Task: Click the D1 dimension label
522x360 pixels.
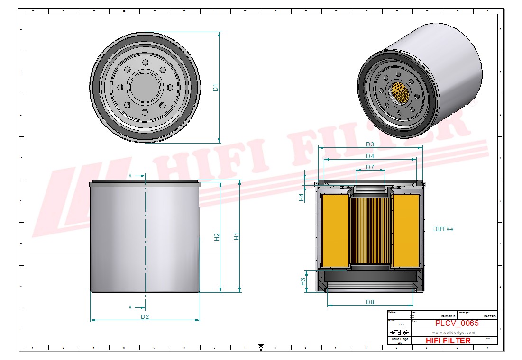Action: pyautogui.click(x=215, y=88)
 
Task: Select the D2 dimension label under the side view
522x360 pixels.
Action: pyautogui.click(x=145, y=316)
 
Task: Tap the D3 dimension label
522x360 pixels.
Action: pyautogui.click(x=370, y=144)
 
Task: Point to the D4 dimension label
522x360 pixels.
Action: pyautogui.click(x=370, y=156)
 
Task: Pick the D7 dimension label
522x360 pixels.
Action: pyautogui.click(x=370, y=167)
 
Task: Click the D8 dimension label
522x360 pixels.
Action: pyautogui.click(x=370, y=302)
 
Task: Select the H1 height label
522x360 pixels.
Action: pyautogui.click(x=236, y=235)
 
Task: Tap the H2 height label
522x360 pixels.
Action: pyautogui.click(x=217, y=237)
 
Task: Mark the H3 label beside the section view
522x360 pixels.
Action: pyautogui.click(x=302, y=281)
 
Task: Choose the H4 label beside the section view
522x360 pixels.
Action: pyautogui.click(x=301, y=198)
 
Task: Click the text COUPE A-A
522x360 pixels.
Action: pyautogui.click(x=443, y=229)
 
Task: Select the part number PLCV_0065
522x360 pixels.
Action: pyautogui.click(x=457, y=323)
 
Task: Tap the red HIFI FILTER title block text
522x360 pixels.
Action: pyautogui.click(x=448, y=340)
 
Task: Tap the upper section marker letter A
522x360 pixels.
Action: pyautogui.click(x=130, y=176)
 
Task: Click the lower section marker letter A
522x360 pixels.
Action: pyautogui.click(x=130, y=307)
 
